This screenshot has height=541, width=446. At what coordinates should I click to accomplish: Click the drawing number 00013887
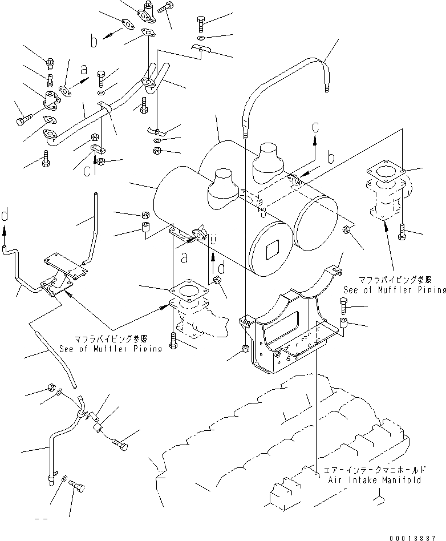coord(418,536)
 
